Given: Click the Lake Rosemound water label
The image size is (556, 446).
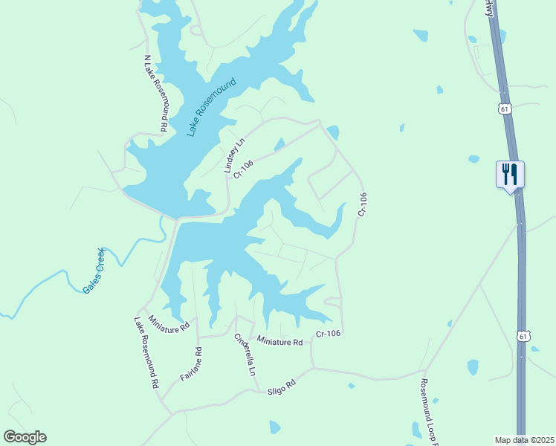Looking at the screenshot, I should pyautogui.click(x=211, y=107).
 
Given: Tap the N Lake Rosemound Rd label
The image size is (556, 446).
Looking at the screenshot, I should pyautogui.click(x=157, y=93).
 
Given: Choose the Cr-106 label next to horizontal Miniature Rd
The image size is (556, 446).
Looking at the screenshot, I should pyautogui.click(x=328, y=334).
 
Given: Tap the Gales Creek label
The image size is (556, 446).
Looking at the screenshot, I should pyautogui.click(x=96, y=270).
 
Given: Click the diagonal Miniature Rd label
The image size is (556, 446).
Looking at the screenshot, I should pyautogui.click(x=169, y=323).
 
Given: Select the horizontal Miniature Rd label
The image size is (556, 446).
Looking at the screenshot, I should pyautogui.click(x=279, y=342).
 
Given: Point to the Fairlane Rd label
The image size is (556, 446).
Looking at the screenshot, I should pyautogui.click(x=191, y=364).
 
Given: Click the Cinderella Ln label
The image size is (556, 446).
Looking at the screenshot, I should pyautogui.click(x=245, y=355).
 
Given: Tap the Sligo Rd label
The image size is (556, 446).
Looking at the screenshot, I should pyautogui.click(x=282, y=386).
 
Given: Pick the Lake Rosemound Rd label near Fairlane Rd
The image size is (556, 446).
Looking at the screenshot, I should pyautogui.click(x=146, y=355).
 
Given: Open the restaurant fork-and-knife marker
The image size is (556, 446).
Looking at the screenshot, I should pyautogui.click(x=510, y=175).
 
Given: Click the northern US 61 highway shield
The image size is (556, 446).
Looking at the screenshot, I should pyautogui.click(x=505, y=109).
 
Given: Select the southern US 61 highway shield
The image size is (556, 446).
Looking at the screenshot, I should pyautogui.click(x=524, y=337).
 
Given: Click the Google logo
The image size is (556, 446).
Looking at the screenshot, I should pyautogui.click(x=25, y=437).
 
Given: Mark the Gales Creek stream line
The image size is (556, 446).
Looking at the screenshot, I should pyautogui.click(x=45, y=286).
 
